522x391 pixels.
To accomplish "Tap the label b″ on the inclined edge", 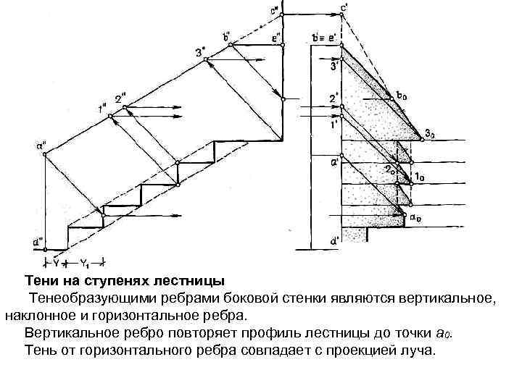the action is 227,35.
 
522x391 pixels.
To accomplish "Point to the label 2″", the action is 120,99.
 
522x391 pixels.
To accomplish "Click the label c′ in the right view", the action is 343,8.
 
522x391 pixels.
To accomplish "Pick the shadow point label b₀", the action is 402,94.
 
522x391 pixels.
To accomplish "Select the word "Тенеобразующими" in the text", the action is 91,298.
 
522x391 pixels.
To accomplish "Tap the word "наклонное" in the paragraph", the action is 37,316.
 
